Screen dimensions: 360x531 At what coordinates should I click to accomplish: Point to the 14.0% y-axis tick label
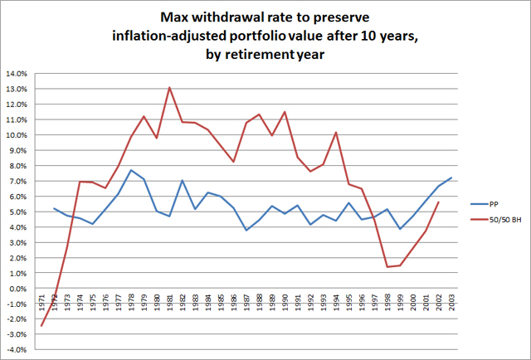(17, 74)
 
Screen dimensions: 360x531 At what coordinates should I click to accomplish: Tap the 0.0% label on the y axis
(18, 288)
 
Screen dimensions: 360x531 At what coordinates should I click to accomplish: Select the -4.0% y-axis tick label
(17, 349)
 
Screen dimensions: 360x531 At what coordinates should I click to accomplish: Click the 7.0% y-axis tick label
(18, 181)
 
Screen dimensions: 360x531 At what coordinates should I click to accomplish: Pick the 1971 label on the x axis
(41, 303)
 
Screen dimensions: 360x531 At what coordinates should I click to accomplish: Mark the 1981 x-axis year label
(170, 303)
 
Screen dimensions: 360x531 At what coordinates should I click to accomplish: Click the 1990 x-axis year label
(285, 303)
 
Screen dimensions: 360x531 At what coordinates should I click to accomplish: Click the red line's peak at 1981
(169, 88)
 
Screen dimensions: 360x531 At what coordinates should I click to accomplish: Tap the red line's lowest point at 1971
(41, 326)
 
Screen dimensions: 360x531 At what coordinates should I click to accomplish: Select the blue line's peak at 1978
(131, 170)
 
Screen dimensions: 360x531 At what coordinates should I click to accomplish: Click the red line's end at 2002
(438, 202)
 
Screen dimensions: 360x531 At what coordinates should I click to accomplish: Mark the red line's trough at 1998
(387, 267)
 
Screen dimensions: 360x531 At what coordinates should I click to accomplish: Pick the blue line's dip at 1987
(246, 230)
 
